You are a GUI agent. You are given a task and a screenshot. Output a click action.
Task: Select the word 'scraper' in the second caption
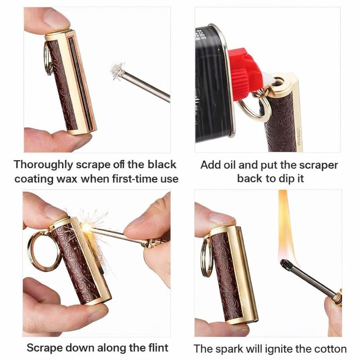[x=315, y=164]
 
